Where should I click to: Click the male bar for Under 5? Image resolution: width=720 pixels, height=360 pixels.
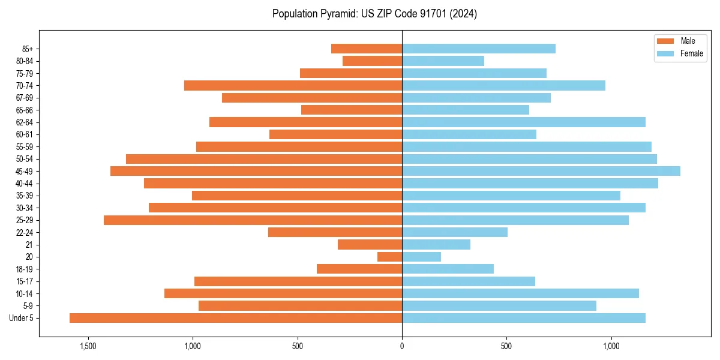tap(236, 318)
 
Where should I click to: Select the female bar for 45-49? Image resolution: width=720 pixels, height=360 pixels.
tap(541, 171)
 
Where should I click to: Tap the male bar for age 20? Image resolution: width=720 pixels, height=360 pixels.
tap(389, 257)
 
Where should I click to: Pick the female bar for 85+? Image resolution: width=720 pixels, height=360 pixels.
tap(479, 49)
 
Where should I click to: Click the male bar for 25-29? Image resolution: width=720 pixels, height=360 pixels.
tap(253, 220)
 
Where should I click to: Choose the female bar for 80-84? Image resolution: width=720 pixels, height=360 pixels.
tap(443, 61)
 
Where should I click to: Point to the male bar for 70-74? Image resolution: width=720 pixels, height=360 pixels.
tap(293, 85)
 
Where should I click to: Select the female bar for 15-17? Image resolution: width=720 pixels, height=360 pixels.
tap(469, 281)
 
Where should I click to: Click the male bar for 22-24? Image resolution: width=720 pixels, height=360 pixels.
tap(335, 232)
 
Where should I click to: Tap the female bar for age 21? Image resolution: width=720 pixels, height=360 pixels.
tap(436, 245)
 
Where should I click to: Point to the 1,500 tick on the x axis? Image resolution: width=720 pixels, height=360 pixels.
tap(88, 347)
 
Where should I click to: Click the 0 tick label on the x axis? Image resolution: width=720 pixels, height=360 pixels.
tap(402, 347)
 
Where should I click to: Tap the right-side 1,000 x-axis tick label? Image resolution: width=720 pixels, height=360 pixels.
tap(611, 347)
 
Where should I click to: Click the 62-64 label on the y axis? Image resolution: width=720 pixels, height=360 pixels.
tap(25, 122)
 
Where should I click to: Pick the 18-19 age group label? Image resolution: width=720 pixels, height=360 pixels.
tap(25, 269)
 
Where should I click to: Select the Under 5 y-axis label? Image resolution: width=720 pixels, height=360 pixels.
tap(22, 318)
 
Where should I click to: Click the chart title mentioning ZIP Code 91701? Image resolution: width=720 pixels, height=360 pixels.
tap(374, 14)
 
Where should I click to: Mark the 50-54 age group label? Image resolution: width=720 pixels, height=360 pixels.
tap(25, 159)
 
